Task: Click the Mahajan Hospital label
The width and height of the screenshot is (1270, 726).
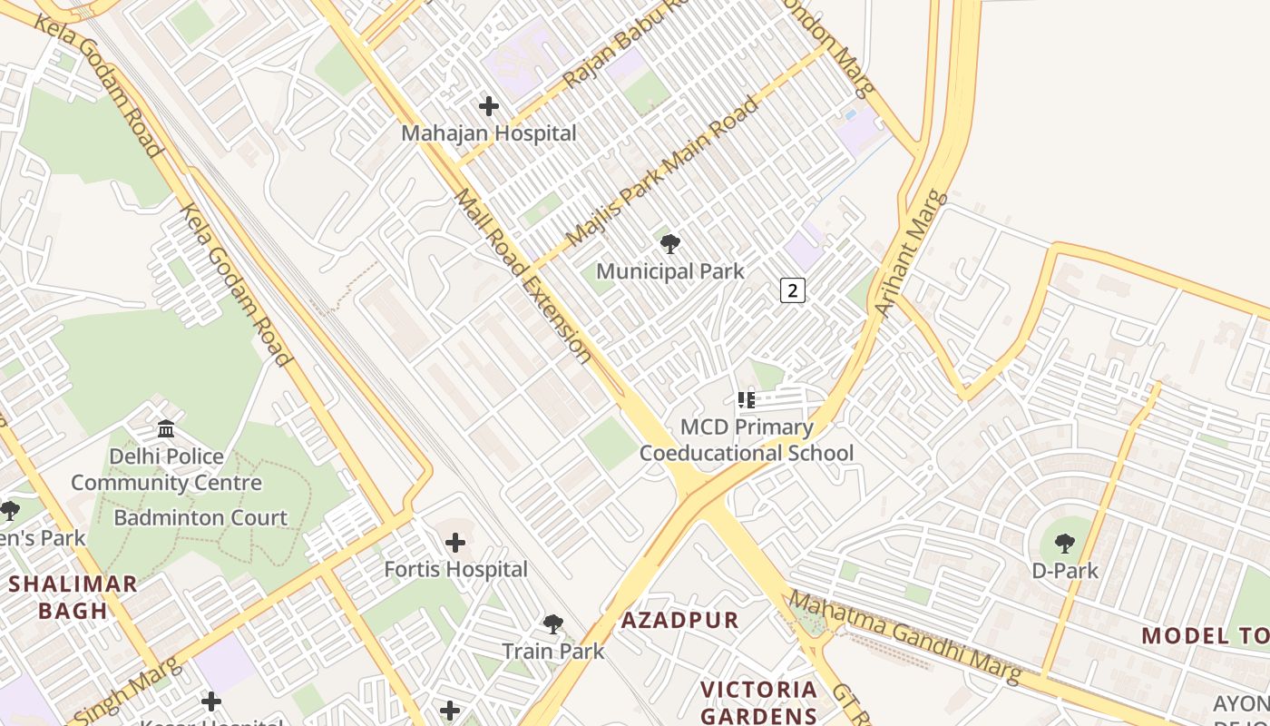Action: [x=489, y=133]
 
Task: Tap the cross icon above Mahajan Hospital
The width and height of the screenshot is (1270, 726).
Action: [x=489, y=106]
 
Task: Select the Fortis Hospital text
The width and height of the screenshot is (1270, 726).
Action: [x=455, y=570]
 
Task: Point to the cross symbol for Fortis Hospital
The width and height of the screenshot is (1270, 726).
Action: [x=455, y=543]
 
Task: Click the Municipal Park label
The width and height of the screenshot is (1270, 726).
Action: [x=669, y=270]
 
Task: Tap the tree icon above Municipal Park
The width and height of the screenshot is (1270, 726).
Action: [x=670, y=243]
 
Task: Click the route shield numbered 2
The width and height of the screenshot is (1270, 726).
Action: [x=793, y=290]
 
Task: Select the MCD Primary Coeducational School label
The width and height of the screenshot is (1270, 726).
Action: [x=747, y=440]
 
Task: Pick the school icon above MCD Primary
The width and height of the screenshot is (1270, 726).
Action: [x=747, y=399]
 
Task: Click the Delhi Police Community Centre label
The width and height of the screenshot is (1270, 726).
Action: [x=166, y=469]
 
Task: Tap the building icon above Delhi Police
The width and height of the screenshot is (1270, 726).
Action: [x=166, y=428]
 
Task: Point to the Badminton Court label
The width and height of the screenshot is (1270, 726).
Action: [x=200, y=518]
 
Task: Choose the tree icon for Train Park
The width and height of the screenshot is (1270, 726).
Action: [x=552, y=624]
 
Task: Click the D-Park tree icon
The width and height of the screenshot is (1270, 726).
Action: [x=1065, y=544]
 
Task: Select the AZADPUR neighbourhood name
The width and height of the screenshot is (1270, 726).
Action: [x=680, y=621]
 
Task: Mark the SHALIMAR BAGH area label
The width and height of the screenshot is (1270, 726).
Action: [x=73, y=597]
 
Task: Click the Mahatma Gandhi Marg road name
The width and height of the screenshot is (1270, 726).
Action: [x=904, y=637]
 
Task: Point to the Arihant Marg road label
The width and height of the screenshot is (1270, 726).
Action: [x=912, y=253]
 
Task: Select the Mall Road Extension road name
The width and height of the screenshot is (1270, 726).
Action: [x=523, y=275]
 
